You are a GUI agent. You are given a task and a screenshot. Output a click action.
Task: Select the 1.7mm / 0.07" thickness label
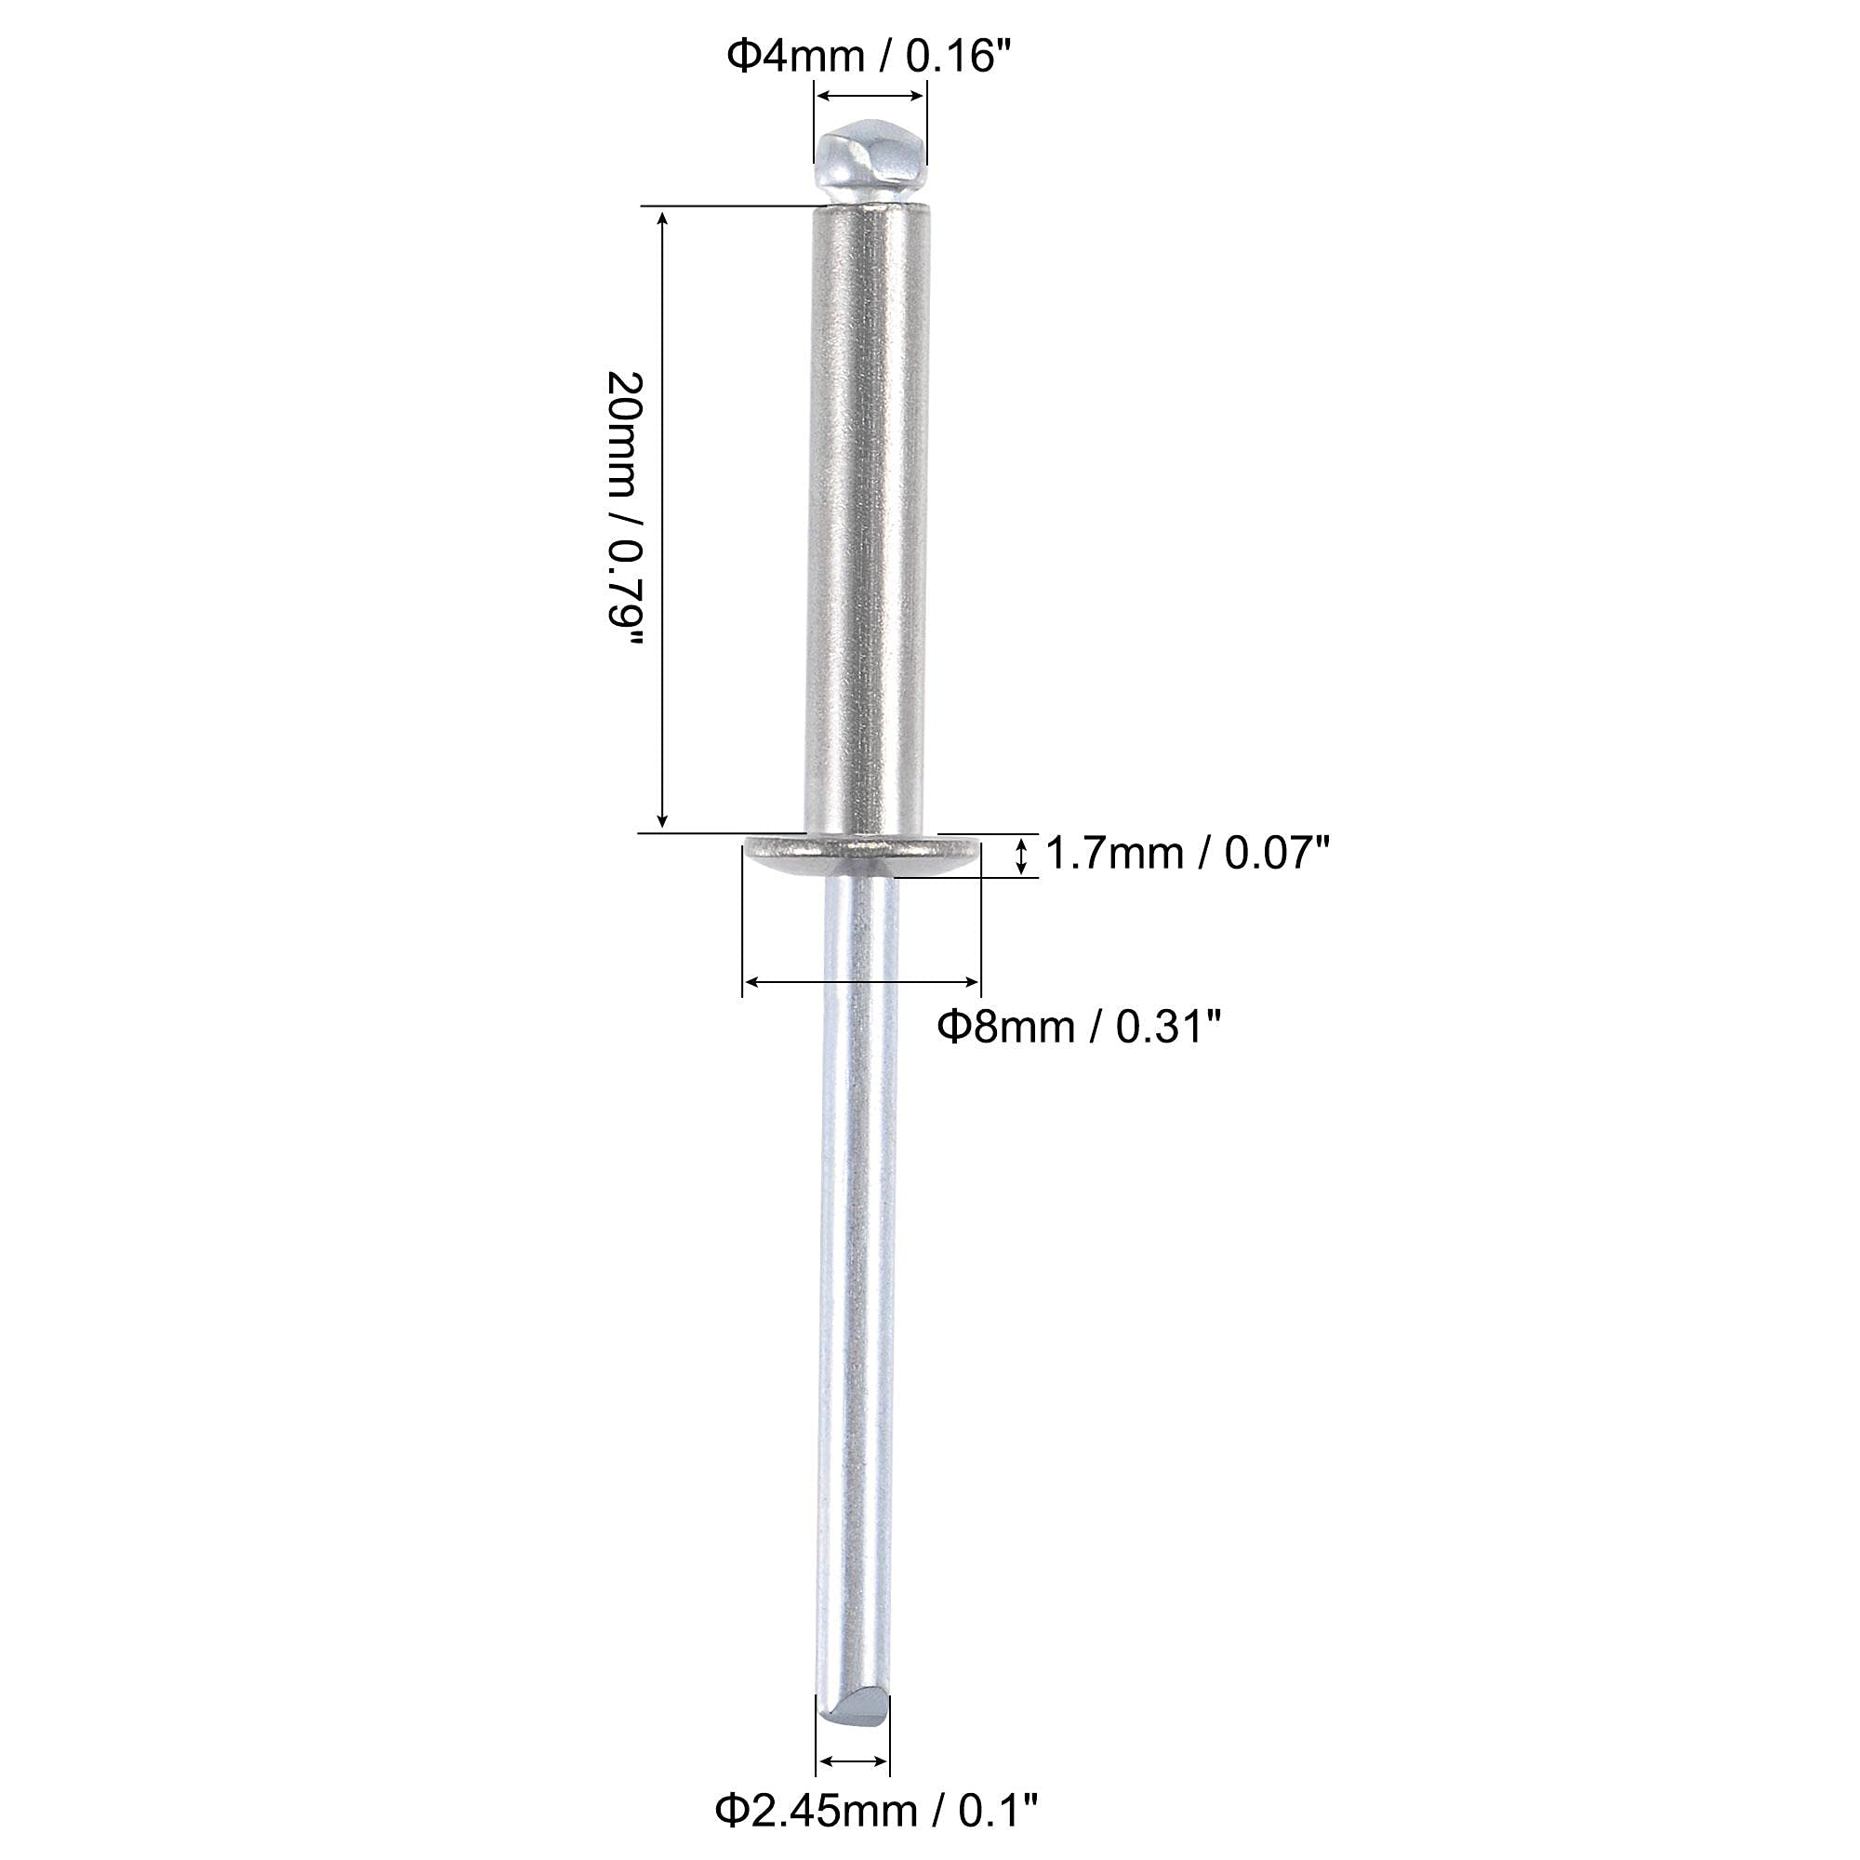coord(1187,854)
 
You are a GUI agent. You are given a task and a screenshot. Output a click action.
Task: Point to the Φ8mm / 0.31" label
coord(1080,1029)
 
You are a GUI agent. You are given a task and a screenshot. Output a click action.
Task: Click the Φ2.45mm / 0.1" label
coord(876,1811)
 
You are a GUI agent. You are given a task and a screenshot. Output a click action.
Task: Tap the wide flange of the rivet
coord(864,855)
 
